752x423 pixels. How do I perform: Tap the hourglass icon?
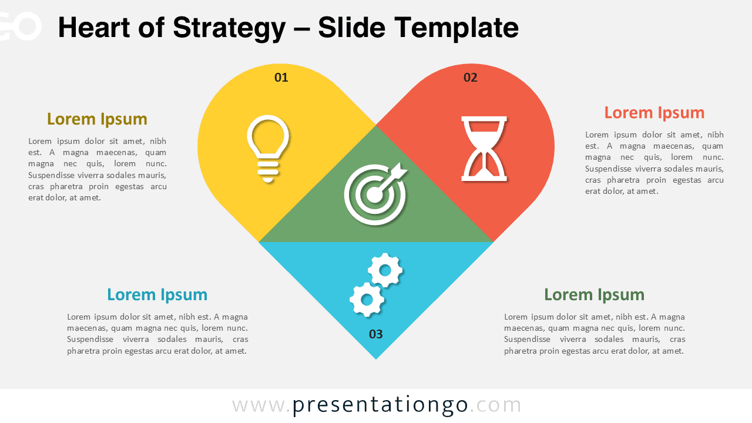(484, 149)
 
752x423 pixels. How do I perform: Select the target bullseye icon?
(375, 194)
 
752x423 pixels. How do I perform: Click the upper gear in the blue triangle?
(385, 270)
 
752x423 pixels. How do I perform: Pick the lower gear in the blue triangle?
(367, 300)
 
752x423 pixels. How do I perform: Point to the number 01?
(281, 78)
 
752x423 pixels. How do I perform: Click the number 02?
(471, 78)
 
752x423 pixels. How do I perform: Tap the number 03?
(375, 334)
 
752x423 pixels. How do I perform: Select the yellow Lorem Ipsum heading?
(97, 119)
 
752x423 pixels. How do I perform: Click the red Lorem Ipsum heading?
(654, 113)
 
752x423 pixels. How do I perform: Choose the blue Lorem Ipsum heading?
(157, 295)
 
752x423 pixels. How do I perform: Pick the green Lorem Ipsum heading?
(594, 295)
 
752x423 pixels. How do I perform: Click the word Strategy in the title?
(229, 29)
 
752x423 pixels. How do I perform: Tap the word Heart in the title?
(94, 28)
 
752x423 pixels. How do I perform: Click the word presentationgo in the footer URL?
(380, 405)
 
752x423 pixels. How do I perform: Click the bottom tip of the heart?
(375, 359)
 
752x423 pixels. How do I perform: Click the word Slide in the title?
(351, 28)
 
